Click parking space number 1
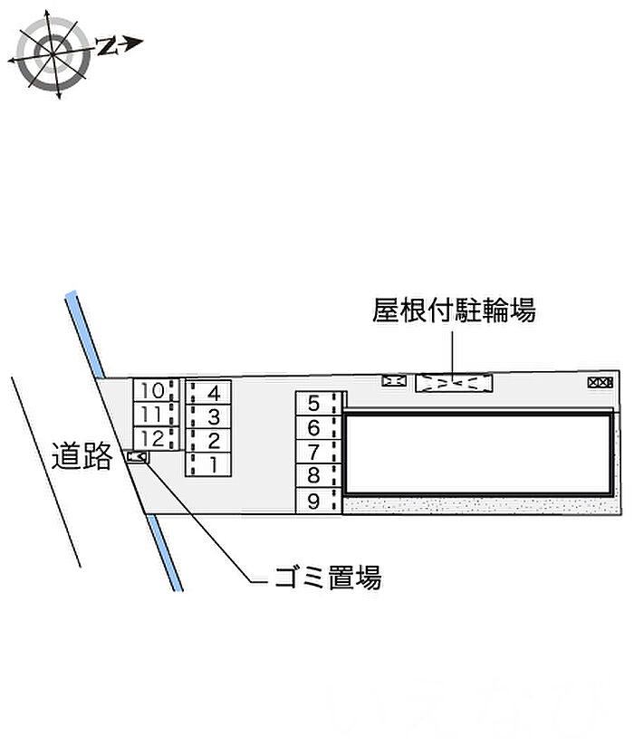tap(208, 464)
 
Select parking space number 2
tap(208, 441)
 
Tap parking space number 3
tap(208, 416)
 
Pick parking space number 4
tap(208, 393)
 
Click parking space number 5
tap(319, 404)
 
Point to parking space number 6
tap(319, 427)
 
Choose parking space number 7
tap(319, 452)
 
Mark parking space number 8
tap(319, 475)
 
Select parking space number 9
tap(319, 501)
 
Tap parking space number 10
tap(157, 390)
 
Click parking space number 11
tap(157, 415)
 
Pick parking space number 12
tap(157, 438)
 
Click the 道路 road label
tap(82, 456)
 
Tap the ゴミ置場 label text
tap(328, 578)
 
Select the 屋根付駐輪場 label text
tap(454, 310)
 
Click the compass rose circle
tap(53, 53)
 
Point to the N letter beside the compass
tap(108, 45)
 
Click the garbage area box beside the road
tap(138, 457)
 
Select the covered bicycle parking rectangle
tap(454, 383)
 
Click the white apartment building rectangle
tap(477, 454)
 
